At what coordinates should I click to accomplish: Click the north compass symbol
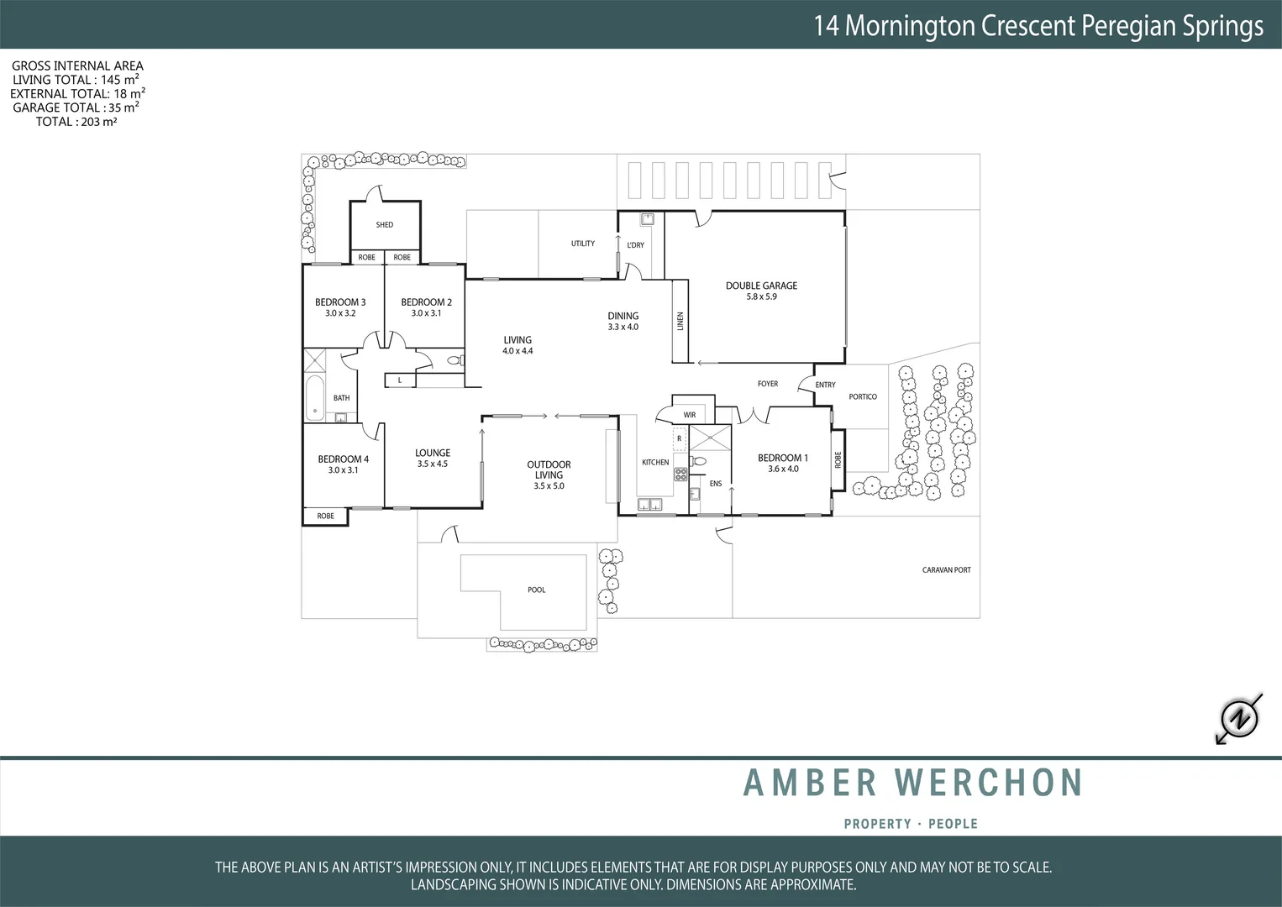coord(1239,718)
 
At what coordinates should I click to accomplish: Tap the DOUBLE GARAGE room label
coord(761,286)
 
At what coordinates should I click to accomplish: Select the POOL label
coord(537,590)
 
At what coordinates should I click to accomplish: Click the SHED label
coord(385,225)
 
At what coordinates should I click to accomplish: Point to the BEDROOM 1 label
coord(782,458)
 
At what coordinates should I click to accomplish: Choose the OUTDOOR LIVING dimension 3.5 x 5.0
coord(549,486)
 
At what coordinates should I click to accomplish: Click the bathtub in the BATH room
coord(315,398)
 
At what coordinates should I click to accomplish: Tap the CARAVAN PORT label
coord(946,570)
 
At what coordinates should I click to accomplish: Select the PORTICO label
coord(863,396)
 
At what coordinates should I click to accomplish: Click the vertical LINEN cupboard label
coord(680,321)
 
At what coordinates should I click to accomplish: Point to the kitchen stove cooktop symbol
coord(680,474)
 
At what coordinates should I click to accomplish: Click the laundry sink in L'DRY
coord(647,220)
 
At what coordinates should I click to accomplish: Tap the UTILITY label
coord(583,244)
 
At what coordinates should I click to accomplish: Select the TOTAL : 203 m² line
coord(76,122)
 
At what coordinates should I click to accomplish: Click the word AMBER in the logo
coord(810,783)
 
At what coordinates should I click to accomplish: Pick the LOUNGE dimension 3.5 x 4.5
coord(433,464)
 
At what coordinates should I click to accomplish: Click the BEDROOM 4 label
coord(343,459)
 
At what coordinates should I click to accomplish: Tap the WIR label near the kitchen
coord(690,415)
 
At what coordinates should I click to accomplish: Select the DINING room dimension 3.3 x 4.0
coord(623,328)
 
